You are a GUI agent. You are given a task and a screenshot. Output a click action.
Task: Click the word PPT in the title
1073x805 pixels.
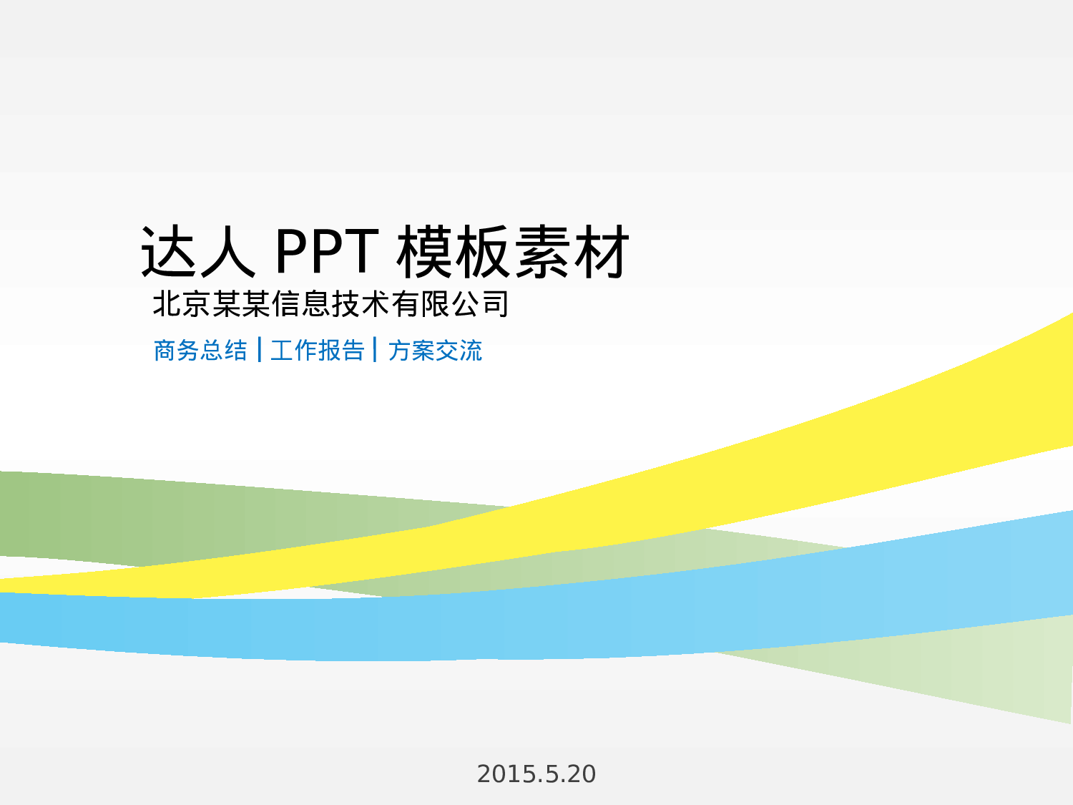(x=326, y=251)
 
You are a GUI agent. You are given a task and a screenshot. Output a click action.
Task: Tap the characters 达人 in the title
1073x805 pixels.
(x=198, y=251)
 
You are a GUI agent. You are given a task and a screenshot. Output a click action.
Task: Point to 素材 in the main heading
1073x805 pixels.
(x=572, y=251)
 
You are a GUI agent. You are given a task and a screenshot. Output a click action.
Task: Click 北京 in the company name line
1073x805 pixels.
(x=182, y=304)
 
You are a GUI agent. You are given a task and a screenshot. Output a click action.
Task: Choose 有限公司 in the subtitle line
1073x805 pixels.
(x=450, y=304)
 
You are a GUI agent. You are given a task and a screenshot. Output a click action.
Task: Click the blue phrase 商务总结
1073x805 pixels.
(x=200, y=351)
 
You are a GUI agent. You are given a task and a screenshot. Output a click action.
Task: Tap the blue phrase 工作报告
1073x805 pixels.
(x=318, y=351)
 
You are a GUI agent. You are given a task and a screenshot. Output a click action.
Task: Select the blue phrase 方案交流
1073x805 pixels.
(x=435, y=351)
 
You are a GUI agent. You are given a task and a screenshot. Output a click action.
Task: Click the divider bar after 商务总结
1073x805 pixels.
(x=259, y=350)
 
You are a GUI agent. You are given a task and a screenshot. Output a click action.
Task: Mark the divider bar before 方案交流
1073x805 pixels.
(x=376, y=350)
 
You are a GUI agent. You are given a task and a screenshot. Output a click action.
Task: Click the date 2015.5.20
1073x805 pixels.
(x=536, y=774)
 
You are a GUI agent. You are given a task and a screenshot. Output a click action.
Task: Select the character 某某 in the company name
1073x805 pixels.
(x=241, y=304)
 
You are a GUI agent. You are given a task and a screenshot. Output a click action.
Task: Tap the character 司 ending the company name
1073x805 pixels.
(x=495, y=304)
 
